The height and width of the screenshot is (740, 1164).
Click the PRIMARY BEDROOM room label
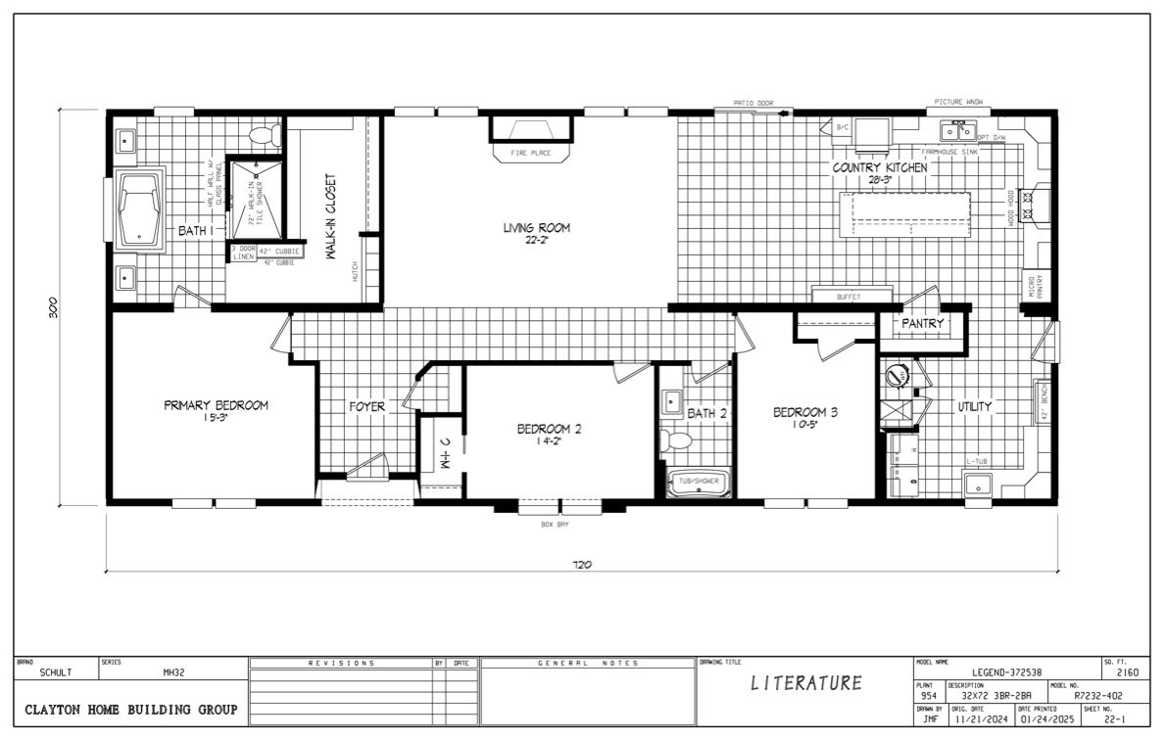click(x=216, y=405)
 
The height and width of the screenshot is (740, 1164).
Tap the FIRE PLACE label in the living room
click(x=530, y=154)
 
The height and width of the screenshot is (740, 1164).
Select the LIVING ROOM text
click(x=536, y=228)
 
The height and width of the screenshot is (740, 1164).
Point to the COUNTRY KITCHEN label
click(x=879, y=168)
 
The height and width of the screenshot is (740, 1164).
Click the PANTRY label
click(x=923, y=324)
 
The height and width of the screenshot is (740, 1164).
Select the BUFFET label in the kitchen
click(x=850, y=297)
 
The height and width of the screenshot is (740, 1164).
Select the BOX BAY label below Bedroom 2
click(x=555, y=526)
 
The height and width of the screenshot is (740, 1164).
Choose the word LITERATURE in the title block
click(x=806, y=683)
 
